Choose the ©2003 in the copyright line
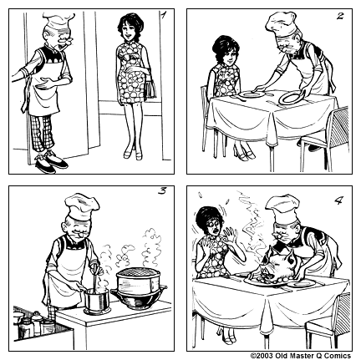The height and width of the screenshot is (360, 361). coord(264,355)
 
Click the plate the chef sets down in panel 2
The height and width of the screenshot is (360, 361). coord(288,99)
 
